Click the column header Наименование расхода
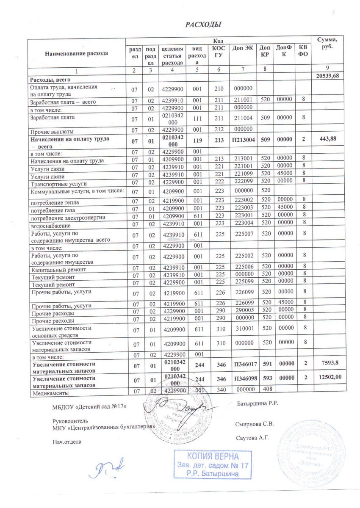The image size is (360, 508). pos(77,53)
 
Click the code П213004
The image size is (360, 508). pos(243,138)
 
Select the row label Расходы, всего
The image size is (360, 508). pos(49,80)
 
